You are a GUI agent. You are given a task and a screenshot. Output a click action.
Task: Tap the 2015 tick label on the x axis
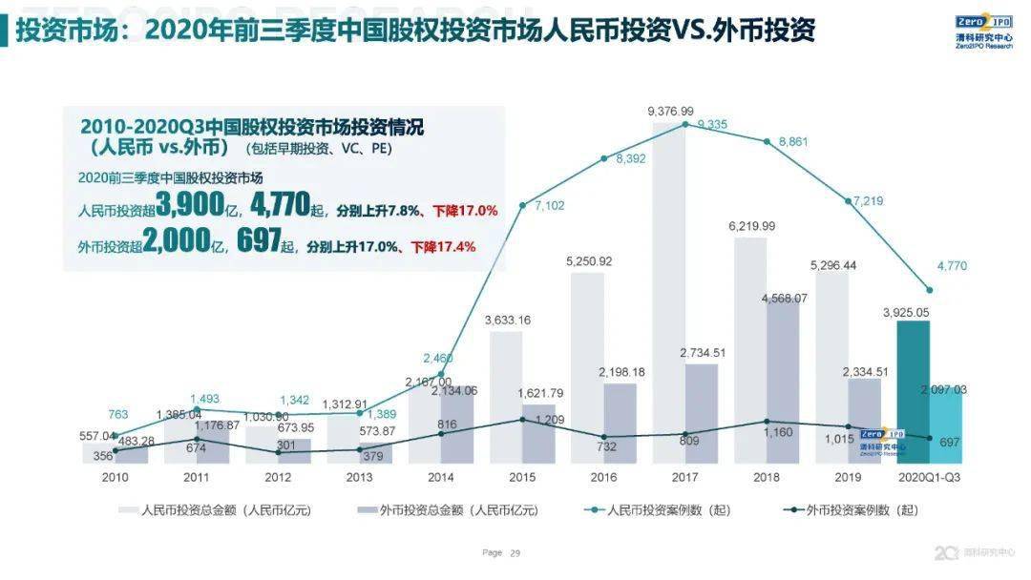521,476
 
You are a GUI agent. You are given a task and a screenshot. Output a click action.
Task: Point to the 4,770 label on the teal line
951,267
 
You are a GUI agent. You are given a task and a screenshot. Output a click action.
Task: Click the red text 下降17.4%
443,246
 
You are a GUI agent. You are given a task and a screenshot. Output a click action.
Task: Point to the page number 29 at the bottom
515,552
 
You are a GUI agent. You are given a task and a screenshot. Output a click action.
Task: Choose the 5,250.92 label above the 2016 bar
588,261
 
